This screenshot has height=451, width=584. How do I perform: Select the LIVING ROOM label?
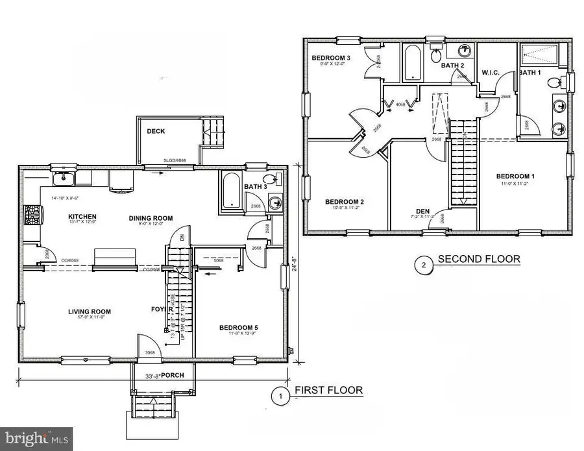(86, 312)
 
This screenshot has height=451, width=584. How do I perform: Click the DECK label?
(156, 131)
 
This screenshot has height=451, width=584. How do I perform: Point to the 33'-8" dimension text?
(147, 375)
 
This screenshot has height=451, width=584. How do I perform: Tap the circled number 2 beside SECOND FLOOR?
(422, 263)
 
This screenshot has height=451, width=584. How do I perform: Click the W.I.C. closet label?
(490, 71)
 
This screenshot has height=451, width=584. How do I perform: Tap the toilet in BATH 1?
(554, 82)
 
